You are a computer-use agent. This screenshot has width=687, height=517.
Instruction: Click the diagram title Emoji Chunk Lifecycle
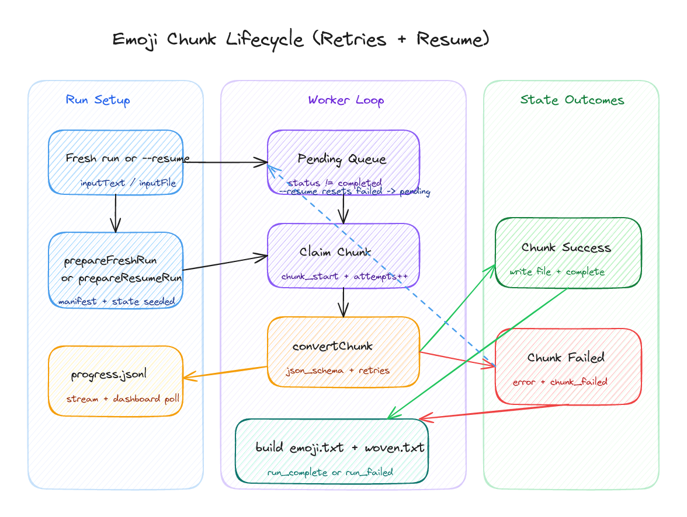(300, 40)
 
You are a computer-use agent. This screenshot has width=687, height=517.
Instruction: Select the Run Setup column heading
(98, 100)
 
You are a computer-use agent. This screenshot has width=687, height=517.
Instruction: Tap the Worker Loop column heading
(346, 100)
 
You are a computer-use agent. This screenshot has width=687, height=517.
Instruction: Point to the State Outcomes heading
(572, 100)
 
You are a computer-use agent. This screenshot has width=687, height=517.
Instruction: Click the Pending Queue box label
(342, 159)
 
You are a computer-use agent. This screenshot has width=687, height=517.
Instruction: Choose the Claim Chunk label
(335, 252)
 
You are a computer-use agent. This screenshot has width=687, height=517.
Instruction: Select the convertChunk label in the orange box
(332, 346)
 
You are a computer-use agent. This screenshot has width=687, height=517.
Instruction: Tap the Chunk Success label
(566, 247)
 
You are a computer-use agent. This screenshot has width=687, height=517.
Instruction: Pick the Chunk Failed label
(565, 358)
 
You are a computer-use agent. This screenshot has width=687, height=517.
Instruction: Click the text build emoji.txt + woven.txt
(340, 448)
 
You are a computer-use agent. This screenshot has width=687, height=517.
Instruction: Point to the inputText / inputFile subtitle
(128, 183)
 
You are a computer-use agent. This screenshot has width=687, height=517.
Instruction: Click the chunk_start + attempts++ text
(344, 276)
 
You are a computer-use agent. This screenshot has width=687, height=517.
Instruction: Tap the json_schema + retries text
(337, 370)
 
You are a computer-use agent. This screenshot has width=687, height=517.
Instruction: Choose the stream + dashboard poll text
(123, 399)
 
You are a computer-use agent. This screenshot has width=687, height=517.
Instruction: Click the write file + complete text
(557, 272)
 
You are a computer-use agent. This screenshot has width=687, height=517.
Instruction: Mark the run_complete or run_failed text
(330, 472)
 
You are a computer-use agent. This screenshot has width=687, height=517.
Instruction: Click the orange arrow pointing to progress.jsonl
(225, 372)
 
